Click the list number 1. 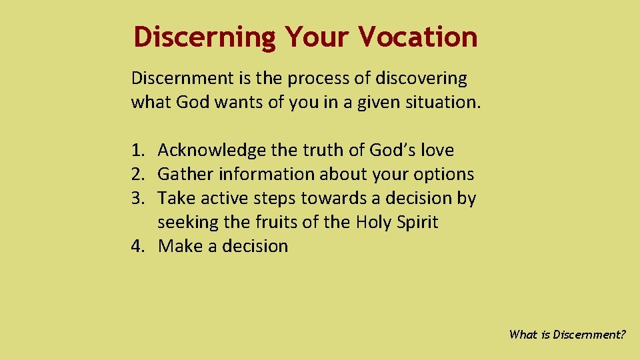point(137,151)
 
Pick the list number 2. point(137,175)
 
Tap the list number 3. point(137,198)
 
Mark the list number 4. point(137,246)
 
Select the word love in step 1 point(435,151)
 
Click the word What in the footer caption point(523,335)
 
